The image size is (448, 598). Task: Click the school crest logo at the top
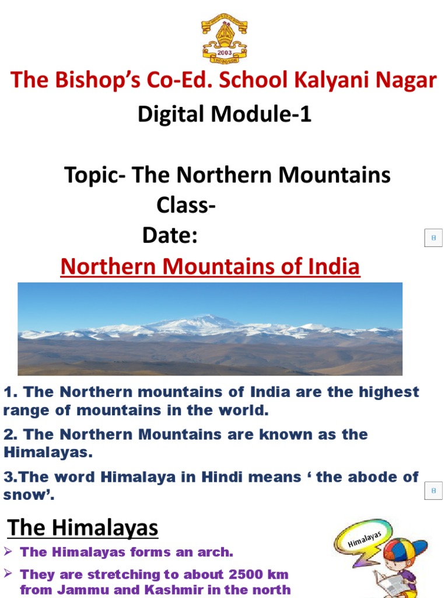click(x=224, y=39)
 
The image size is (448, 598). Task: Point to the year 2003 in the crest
click(x=225, y=51)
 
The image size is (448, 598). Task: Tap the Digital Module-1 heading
click(x=225, y=114)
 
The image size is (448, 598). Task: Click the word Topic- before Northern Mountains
click(x=94, y=175)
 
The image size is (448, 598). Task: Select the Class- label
click(x=186, y=206)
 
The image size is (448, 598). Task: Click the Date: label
click(x=170, y=237)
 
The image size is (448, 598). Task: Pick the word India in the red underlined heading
click(x=335, y=267)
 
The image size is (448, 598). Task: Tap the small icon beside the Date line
click(x=433, y=238)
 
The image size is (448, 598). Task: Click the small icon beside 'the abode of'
click(x=433, y=491)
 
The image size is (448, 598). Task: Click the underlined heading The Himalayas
click(x=82, y=528)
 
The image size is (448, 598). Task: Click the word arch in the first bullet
click(x=215, y=552)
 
